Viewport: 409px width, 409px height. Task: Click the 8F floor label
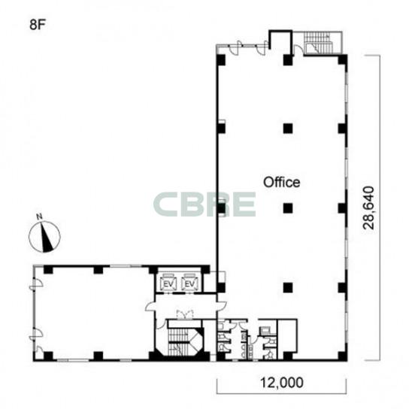[38, 25]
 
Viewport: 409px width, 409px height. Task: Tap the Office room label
[281, 182]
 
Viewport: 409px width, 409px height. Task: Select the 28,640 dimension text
[369, 208]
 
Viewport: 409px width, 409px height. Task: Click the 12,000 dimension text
[282, 383]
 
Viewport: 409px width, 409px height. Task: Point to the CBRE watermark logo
[204, 204]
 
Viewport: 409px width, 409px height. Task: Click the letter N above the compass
[40, 217]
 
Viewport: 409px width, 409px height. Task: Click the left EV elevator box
[169, 282]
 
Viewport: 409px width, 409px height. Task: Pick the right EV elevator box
[190, 282]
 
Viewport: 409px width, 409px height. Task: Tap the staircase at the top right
[319, 43]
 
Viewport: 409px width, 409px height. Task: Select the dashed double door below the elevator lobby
[185, 314]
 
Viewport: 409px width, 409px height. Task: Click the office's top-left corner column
[221, 60]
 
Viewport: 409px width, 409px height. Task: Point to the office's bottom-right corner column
[343, 356]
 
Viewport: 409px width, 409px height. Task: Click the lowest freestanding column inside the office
[288, 287]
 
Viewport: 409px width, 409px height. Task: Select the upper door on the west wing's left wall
[36, 283]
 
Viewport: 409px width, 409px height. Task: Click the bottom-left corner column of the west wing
[47, 356]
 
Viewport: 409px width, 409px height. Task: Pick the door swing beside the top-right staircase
[298, 50]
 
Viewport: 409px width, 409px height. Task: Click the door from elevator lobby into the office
[222, 306]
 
